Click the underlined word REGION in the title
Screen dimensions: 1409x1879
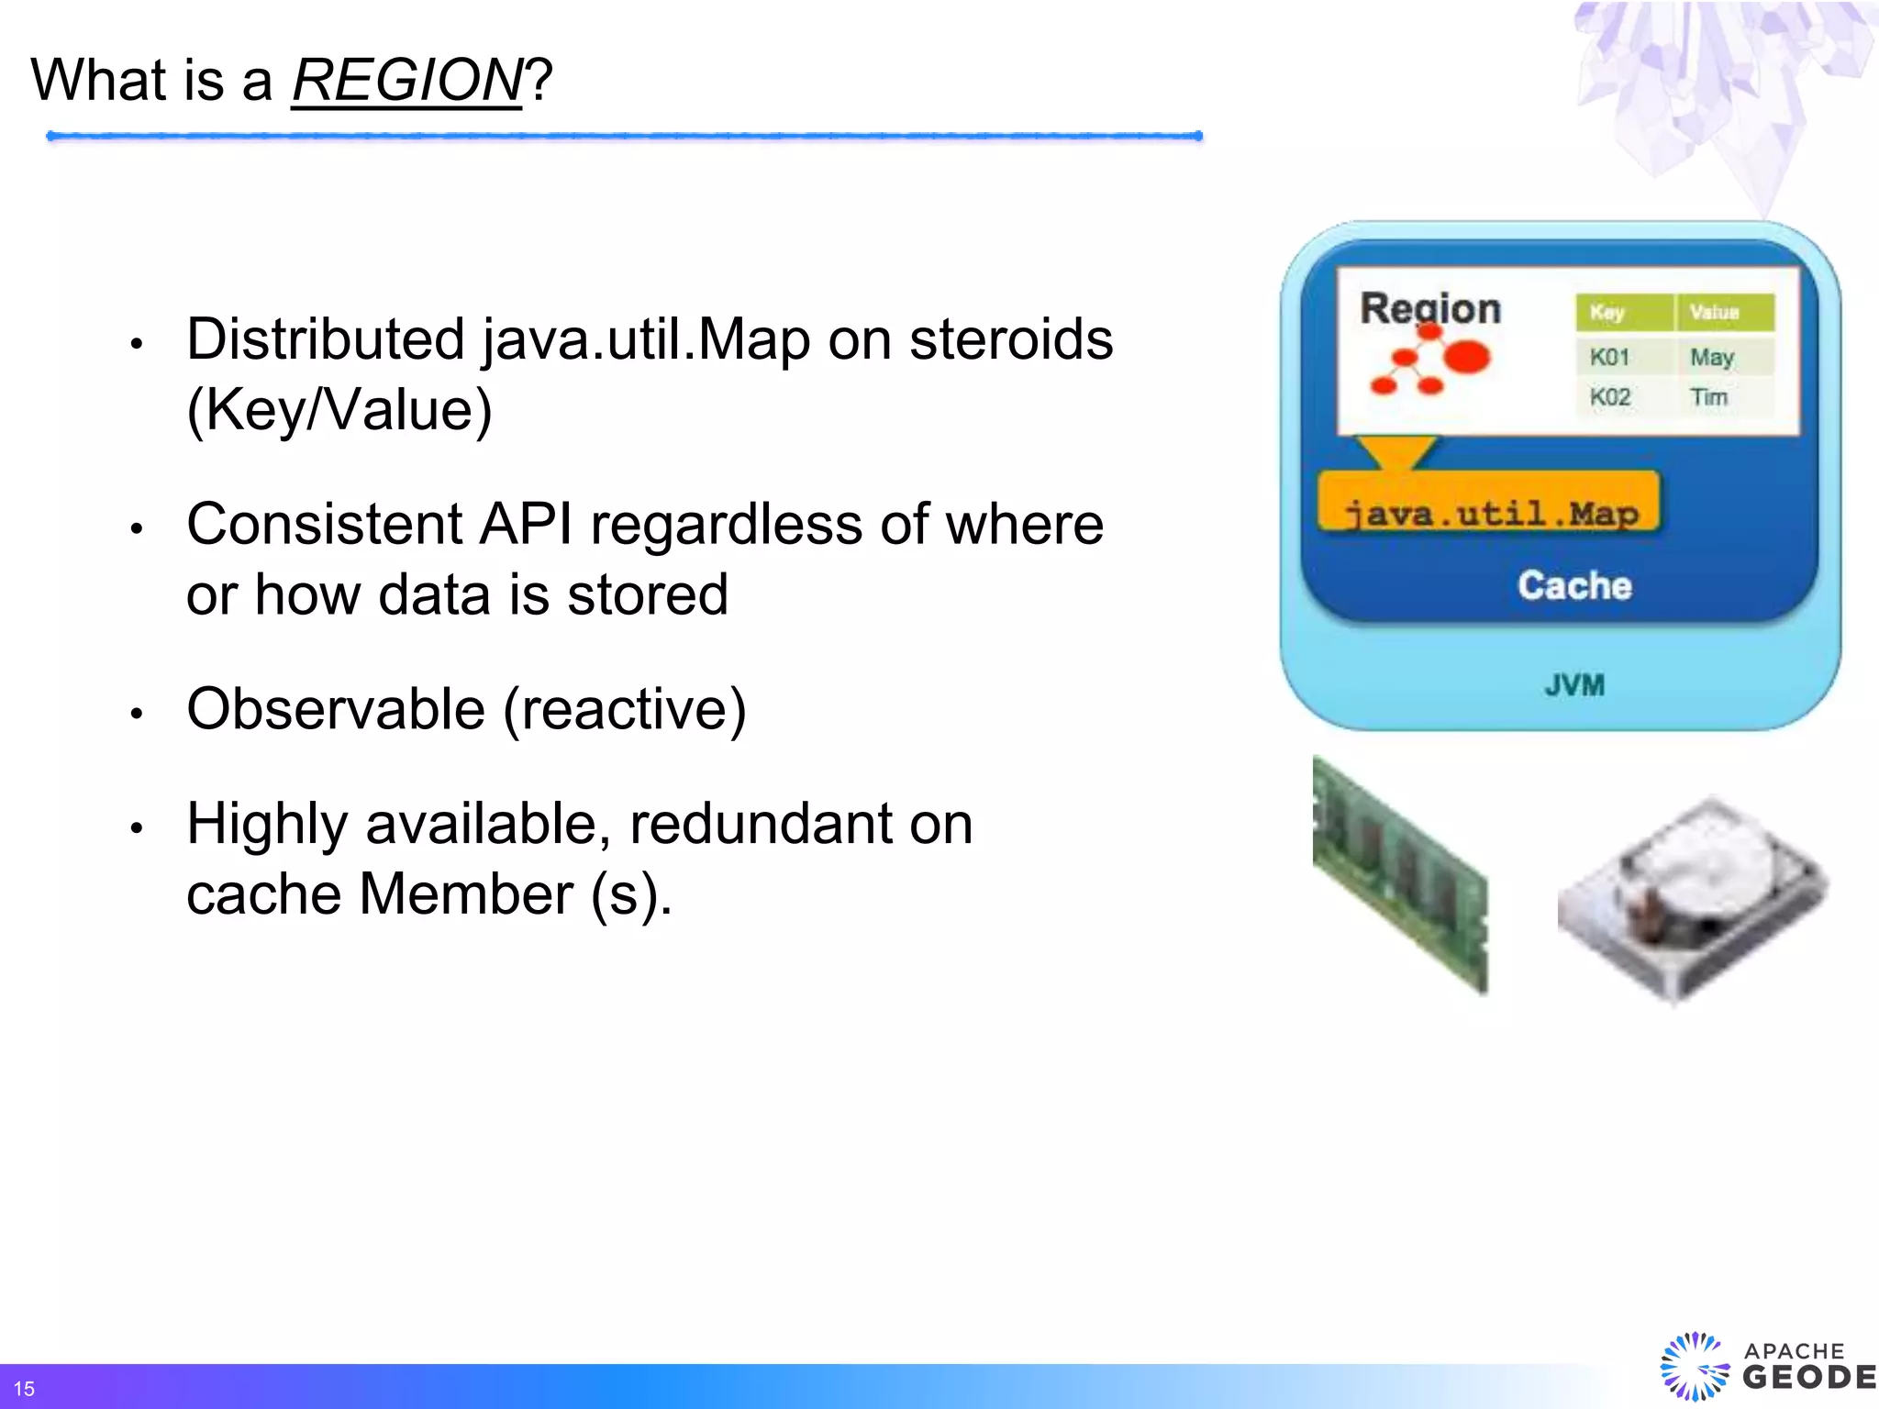pos(406,81)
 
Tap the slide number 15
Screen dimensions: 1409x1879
pos(24,1389)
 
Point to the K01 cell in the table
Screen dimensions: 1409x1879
pos(1609,357)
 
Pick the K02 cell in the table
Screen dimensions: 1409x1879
pos(1610,397)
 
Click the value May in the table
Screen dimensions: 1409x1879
pos(1712,357)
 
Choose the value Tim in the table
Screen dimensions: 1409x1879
pos(1708,397)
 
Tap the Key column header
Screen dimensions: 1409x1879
pos(1607,312)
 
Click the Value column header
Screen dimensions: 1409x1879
pos(1714,312)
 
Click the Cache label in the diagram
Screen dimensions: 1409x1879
pos(1574,585)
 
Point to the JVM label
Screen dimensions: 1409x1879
pos(1574,684)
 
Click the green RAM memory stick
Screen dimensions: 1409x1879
pos(1400,875)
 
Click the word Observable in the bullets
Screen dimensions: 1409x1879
pos(336,709)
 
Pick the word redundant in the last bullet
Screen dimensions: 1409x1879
pos(760,824)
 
